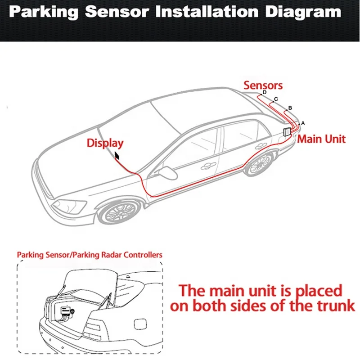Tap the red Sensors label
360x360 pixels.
point(263,85)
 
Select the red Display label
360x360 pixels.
point(105,144)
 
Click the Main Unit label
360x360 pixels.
point(321,139)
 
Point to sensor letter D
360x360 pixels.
point(265,92)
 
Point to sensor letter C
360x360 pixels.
point(276,99)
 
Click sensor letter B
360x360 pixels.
point(290,108)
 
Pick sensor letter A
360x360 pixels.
point(302,122)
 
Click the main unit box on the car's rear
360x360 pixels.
point(287,132)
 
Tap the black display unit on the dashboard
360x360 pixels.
point(117,156)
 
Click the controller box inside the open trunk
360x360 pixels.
point(66,311)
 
